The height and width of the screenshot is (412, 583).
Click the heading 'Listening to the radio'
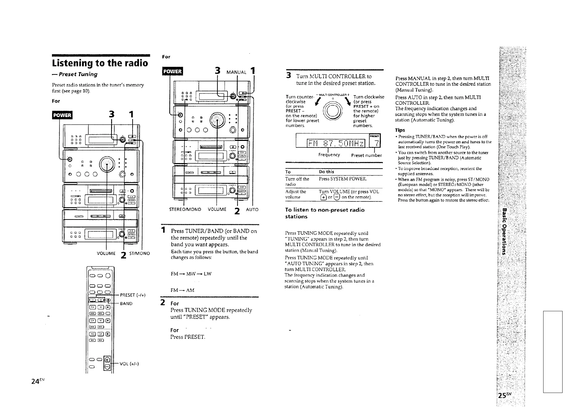(100, 63)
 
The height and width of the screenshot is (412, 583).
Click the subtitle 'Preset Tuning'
(74, 74)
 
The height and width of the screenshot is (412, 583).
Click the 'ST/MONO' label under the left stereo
(139, 253)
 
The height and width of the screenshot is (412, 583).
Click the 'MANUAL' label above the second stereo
(236, 72)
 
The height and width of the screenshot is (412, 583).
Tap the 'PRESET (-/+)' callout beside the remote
(133, 295)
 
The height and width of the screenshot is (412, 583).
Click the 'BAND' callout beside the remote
(126, 304)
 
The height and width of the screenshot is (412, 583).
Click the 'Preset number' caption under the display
(366, 155)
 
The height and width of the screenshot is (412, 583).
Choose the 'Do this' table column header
(326, 172)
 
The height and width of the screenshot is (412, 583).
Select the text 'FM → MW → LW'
(191, 274)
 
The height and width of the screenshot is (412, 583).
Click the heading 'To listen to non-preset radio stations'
(324, 213)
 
